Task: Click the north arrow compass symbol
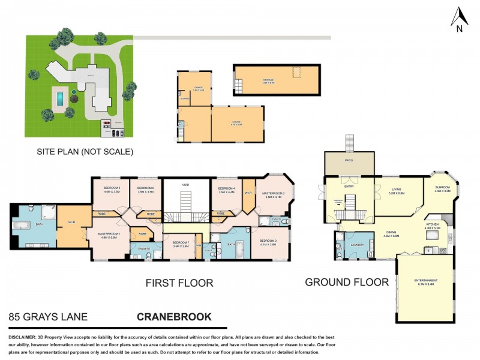pos(459,19)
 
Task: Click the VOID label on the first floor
pos(185,185)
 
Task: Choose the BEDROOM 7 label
pos(181,243)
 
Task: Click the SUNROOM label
pos(443,188)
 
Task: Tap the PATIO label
pos(349,161)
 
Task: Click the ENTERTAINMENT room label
pos(426,281)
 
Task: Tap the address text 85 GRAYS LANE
pos(48,316)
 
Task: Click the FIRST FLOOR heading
pos(179,283)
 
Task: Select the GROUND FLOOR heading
pos(346,282)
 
